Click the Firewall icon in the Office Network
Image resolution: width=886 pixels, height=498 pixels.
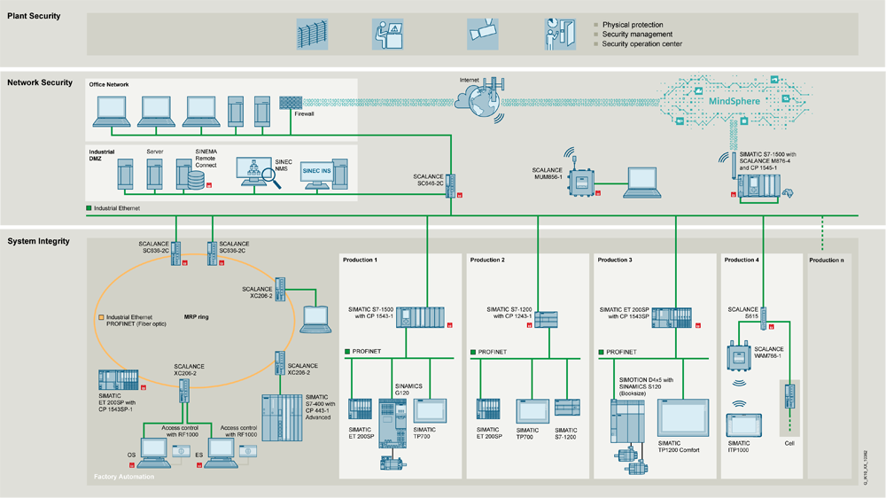click(x=291, y=103)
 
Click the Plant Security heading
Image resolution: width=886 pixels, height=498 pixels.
click(x=34, y=17)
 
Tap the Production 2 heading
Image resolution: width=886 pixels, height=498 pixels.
click(x=487, y=260)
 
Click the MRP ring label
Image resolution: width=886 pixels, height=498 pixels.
click(x=197, y=315)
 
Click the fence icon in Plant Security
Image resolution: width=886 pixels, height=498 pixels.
click(x=311, y=33)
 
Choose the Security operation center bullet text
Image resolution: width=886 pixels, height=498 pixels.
click(x=641, y=43)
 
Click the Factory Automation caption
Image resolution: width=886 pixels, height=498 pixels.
click(x=125, y=478)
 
